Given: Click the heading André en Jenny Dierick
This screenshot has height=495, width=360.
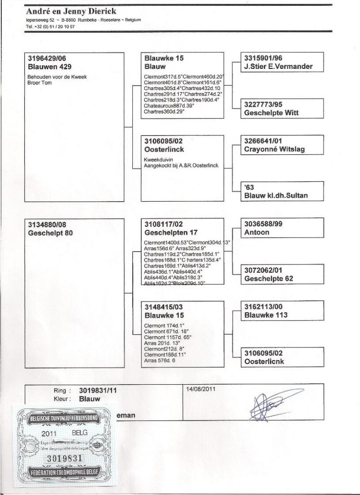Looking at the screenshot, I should pyautogui.click(x=71, y=11).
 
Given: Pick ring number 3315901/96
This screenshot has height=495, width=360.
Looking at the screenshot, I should pyautogui.click(x=265, y=58).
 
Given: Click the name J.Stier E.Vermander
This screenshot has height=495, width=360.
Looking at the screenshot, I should pyautogui.click(x=278, y=67).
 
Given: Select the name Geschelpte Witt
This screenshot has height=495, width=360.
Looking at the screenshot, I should pyautogui.click(x=271, y=113).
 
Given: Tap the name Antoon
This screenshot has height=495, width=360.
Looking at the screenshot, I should pyautogui.click(x=256, y=232).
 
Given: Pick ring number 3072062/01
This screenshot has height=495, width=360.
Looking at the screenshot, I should pyautogui.click(x=265, y=271).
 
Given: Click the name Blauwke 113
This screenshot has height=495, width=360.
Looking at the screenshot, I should pyautogui.click(x=266, y=315).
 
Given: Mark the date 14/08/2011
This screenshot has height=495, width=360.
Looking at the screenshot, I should pyautogui.click(x=200, y=390).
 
